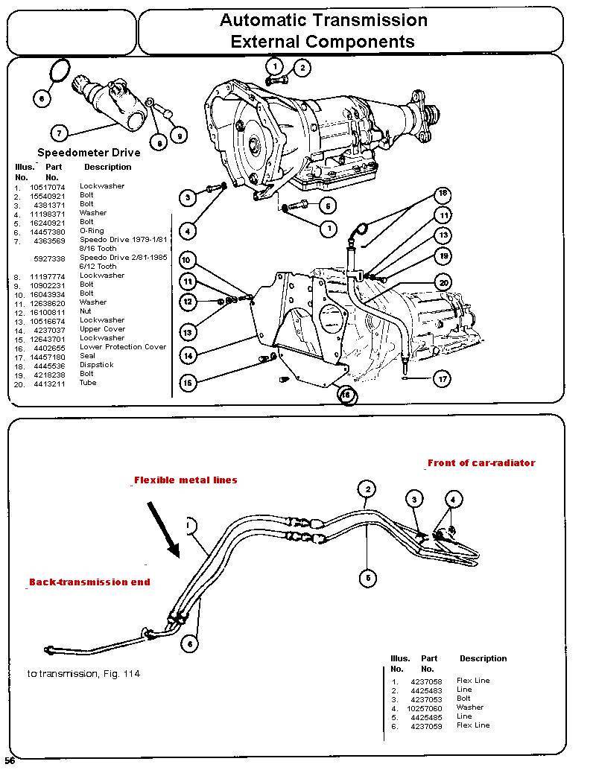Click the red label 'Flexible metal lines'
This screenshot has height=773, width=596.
[186, 480]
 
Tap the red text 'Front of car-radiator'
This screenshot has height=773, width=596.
[481, 462]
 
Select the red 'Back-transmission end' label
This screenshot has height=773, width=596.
[89, 582]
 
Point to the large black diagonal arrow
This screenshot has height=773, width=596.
[165, 529]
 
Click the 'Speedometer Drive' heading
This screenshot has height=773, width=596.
[89, 153]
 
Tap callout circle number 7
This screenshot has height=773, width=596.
[59, 133]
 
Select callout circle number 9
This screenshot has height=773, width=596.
[177, 135]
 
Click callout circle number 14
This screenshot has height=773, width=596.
[188, 356]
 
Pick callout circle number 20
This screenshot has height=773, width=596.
[444, 282]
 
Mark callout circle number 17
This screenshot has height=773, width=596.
[443, 379]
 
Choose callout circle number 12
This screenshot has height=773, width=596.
[188, 302]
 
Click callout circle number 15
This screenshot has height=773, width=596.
[188, 383]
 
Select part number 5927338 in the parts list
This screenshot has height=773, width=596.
[50, 258]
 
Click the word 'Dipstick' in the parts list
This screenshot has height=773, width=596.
[97, 365]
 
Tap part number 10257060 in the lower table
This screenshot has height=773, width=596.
[425, 707]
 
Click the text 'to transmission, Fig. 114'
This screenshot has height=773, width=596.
[83, 674]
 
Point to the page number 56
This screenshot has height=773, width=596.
[10, 760]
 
